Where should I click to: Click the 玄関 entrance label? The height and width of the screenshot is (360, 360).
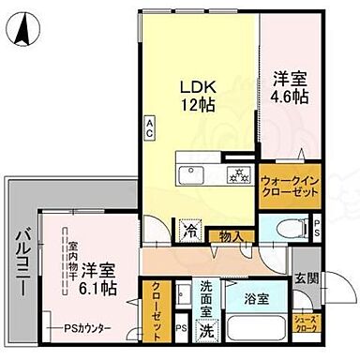click(306, 278)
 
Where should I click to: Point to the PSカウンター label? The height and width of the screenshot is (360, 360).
click(87, 328)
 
